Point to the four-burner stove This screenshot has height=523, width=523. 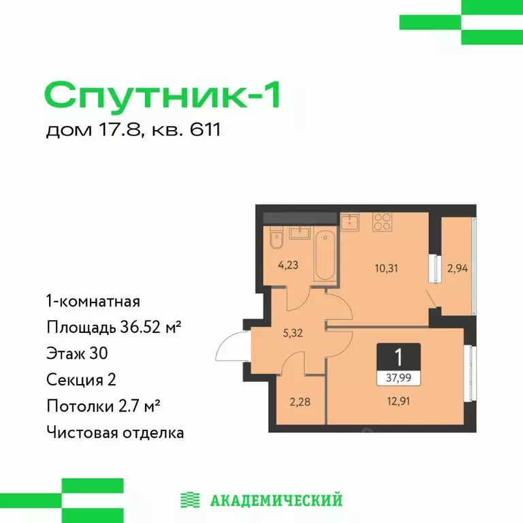[x=381, y=222]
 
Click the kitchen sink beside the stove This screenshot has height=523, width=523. [x=352, y=222]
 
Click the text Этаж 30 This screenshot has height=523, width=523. [x=77, y=353]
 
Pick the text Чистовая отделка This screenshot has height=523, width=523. [x=114, y=432]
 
